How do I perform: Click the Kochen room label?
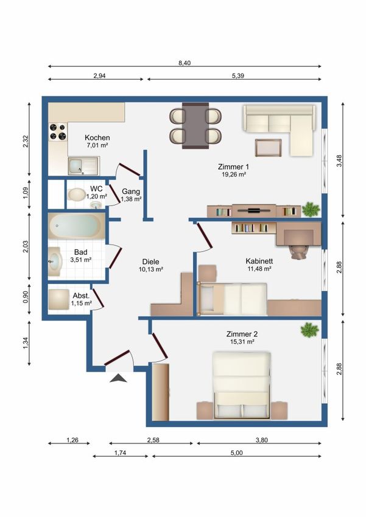coord(97,137)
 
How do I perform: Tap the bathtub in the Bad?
coord(77,226)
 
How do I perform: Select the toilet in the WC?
coord(77,194)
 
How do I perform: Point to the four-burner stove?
coord(58,131)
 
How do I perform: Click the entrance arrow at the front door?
coord(119,378)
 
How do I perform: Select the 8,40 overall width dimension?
coord(185,63)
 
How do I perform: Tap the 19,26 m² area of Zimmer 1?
coord(234,175)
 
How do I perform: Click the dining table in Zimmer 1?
coord(195,126)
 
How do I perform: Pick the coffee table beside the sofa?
coord(268,147)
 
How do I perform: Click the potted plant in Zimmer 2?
coord(309,330)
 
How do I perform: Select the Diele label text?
coord(151,262)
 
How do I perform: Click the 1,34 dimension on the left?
coord(26,343)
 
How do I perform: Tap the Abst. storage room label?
coord(81,296)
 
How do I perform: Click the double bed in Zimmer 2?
coord(242,385)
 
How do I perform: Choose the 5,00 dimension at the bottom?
coord(237,453)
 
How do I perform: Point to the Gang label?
coord(131,191)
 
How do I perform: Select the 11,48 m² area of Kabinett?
coord(259,269)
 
